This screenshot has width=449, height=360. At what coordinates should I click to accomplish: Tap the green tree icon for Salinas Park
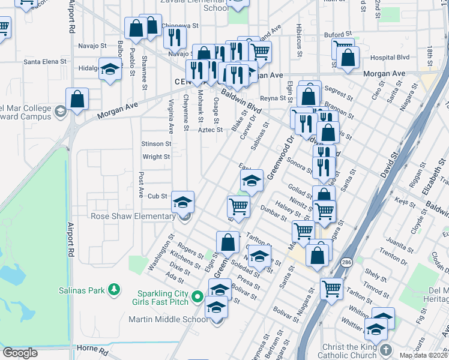click(x=113, y=290)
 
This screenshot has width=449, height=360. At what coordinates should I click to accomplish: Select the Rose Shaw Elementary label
click(x=133, y=216)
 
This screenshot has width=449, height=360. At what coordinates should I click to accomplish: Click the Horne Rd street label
click(x=92, y=349)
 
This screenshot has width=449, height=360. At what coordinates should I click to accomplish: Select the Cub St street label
click(x=157, y=196)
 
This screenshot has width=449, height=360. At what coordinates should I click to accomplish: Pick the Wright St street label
click(x=156, y=157)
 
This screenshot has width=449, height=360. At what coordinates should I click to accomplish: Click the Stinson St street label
click(x=156, y=144)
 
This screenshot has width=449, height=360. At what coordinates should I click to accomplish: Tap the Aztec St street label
click(x=210, y=130)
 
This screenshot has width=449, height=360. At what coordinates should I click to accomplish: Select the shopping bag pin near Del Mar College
click(x=77, y=100)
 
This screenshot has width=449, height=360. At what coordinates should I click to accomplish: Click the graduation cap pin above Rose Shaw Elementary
click(x=183, y=202)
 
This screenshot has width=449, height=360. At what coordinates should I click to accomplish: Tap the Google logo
click(x=20, y=353)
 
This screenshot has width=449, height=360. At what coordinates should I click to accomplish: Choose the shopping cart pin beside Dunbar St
click(x=238, y=206)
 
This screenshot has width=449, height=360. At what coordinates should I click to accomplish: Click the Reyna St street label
click(x=271, y=98)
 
